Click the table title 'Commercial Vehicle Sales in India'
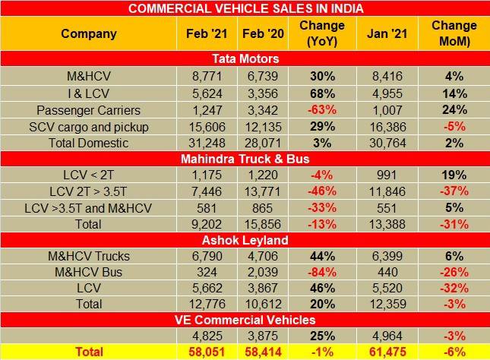click(x=245, y=9)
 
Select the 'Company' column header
click(x=88, y=33)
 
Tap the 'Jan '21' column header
click(x=382, y=33)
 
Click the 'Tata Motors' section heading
click(x=245, y=58)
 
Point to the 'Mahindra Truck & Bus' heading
click(x=245, y=159)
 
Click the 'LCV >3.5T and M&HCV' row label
click(x=88, y=210)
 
